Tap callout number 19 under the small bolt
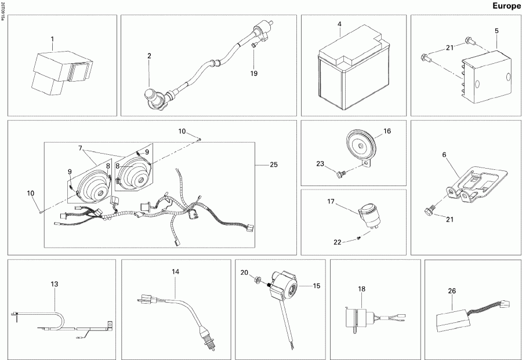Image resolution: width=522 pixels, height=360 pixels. pos(253,74)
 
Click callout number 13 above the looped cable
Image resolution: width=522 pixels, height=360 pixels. pos(55,284)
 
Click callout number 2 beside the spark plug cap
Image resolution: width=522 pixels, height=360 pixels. pos(149,56)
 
